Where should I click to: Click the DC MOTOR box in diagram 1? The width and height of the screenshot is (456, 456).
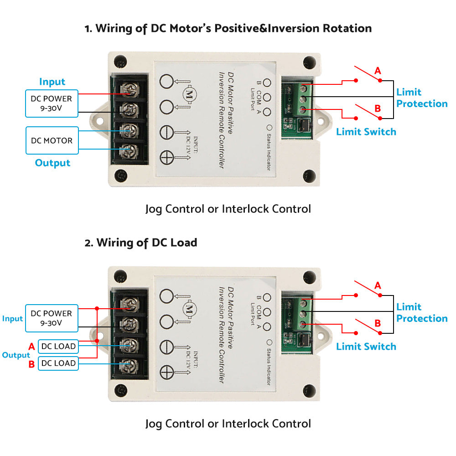[52, 140]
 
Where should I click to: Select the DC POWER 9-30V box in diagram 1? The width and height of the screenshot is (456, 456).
[52, 104]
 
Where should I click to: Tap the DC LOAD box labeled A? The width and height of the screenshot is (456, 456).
[58, 346]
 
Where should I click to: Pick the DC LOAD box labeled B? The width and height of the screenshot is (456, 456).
[58, 363]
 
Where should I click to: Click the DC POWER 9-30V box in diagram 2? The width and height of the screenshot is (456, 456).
[52, 318]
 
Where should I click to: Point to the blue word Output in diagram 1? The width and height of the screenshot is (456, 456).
[52, 163]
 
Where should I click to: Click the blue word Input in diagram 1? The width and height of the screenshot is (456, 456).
[52, 82]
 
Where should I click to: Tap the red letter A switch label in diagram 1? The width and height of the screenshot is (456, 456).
[378, 71]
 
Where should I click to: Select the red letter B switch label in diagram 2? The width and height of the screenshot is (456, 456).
[378, 323]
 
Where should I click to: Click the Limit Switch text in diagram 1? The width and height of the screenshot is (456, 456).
[366, 132]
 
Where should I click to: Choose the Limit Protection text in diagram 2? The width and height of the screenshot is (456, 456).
[422, 312]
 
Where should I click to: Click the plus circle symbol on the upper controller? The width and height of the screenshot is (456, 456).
[167, 158]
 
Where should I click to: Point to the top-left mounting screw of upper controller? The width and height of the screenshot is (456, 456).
[120, 60]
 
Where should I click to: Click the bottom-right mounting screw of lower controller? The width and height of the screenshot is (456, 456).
[310, 390]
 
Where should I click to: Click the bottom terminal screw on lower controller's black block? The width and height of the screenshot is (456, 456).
[130, 364]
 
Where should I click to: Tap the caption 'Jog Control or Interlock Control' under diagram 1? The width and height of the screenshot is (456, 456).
[228, 209]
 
